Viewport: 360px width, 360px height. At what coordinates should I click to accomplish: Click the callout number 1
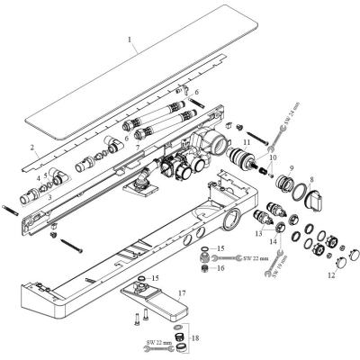[x=130, y=40]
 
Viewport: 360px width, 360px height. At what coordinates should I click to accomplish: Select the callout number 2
[x=32, y=148]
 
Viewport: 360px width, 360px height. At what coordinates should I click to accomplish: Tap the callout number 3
[x=50, y=195]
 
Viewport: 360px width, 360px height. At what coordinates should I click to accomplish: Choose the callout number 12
[x=331, y=275]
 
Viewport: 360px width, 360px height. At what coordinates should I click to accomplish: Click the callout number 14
[x=273, y=241]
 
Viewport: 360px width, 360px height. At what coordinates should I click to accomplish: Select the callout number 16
[x=220, y=267]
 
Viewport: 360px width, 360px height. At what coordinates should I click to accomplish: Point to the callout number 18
[x=194, y=338]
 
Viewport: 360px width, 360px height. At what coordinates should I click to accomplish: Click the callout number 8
[x=311, y=179]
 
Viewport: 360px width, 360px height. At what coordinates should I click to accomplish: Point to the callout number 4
[x=39, y=178]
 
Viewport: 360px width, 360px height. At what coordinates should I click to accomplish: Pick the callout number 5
[x=46, y=175]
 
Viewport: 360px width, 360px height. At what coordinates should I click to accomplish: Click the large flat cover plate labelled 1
[x=141, y=72]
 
